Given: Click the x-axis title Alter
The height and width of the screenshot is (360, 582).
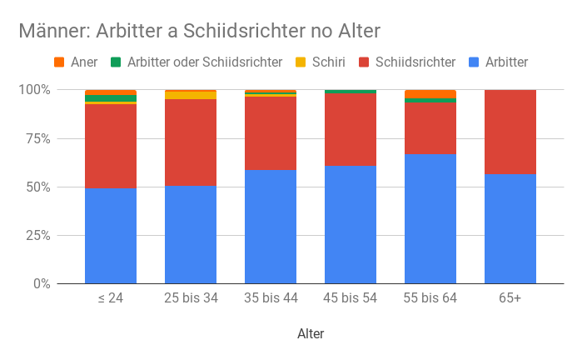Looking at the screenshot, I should tap(311, 334).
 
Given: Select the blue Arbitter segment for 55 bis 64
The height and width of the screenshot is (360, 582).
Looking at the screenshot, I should tap(430, 219).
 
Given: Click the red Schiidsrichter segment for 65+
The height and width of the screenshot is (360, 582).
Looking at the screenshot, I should tap(510, 132).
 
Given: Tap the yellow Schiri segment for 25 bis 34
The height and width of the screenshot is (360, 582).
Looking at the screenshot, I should tap(191, 95).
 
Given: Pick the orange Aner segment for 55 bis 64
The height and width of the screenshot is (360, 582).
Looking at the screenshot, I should tap(430, 93).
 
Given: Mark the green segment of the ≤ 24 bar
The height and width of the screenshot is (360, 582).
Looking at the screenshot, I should tap(111, 98).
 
